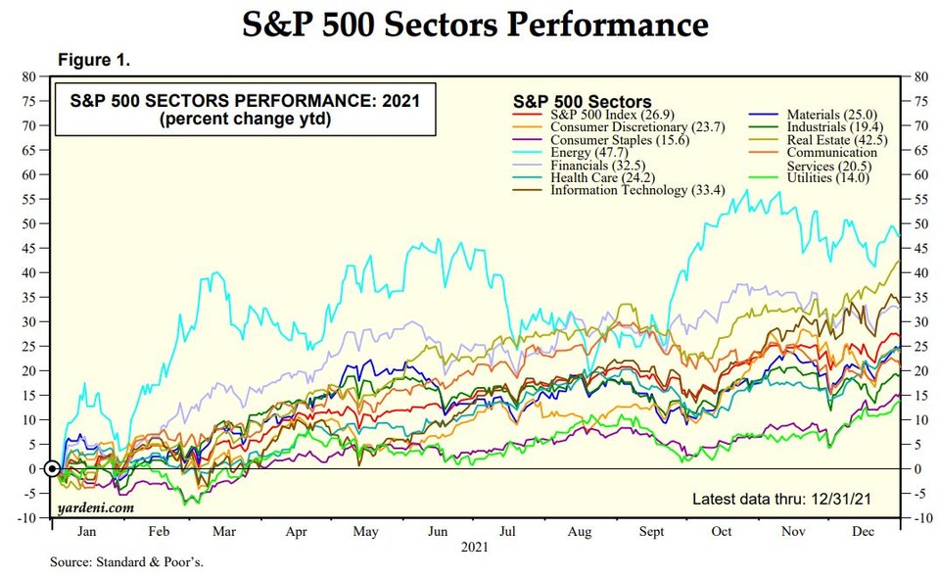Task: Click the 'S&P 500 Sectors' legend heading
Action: [582, 101]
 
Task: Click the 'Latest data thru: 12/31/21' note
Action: [781, 499]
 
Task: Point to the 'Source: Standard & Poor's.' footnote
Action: [127, 563]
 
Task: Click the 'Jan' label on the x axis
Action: [87, 532]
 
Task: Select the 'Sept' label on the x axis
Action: [650, 532]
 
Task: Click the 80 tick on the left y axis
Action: [29, 76]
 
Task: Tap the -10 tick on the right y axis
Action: [921, 517]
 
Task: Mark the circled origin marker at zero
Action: [52, 468]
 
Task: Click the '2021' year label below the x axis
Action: [475, 545]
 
